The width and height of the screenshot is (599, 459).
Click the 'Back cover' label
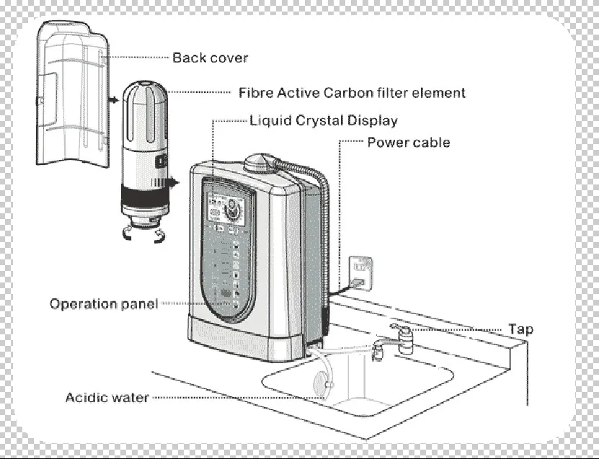[x=210, y=58]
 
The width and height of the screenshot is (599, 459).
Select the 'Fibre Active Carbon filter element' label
[x=352, y=93]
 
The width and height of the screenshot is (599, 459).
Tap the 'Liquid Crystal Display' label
[x=324, y=120]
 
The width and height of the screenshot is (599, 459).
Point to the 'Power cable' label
[x=409, y=142]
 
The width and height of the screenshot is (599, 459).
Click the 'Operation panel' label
[x=104, y=304]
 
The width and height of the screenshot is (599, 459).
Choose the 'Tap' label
[x=520, y=329]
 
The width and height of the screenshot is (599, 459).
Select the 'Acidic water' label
[x=107, y=398]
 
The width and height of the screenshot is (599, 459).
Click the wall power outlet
[x=360, y=273]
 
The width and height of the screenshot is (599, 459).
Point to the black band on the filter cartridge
[x=145, y=197]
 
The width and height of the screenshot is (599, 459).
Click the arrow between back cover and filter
[x=113, y=99]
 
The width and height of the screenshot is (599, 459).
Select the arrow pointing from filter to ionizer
[x=173, y=182]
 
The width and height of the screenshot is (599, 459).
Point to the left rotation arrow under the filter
[x=127, y=233]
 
